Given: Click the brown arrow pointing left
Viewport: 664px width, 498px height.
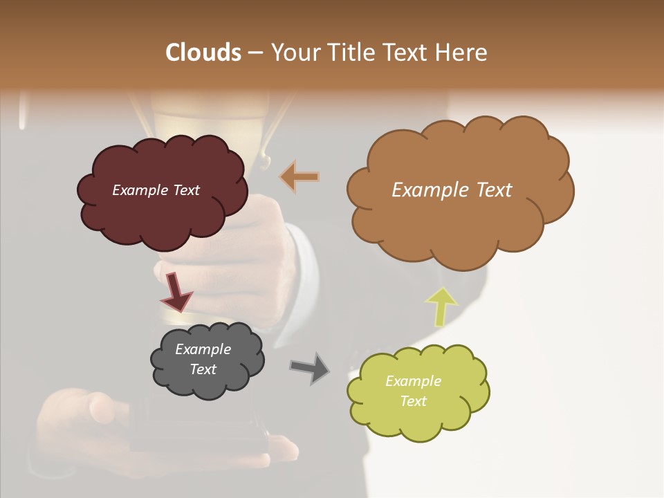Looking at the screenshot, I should coord(299,176).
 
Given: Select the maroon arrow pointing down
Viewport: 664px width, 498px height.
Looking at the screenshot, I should coord(176,292).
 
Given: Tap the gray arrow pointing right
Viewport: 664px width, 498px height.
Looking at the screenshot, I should coord(310,367).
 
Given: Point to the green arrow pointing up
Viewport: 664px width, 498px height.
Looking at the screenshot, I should coord(441,306).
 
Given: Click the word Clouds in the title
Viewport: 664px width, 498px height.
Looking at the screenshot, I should coord(203,53).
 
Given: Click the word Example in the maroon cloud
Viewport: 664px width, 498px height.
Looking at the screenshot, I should coord(140,190).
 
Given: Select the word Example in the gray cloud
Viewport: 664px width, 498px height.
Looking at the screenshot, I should coord(203,349).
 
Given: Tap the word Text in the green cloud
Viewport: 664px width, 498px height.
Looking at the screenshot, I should coord(413,401).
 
